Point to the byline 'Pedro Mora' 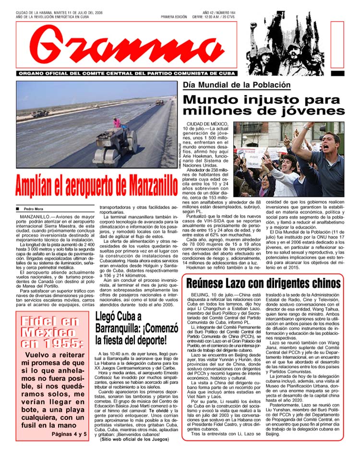pyautogui.click(x=33, y=209)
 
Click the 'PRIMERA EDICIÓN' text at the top pyautogui.click(x=174, y=17)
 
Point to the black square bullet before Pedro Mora pyautogui.click(x=17, y=209)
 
